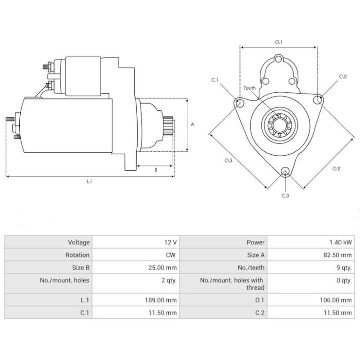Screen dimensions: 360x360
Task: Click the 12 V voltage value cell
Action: tap(171, 242)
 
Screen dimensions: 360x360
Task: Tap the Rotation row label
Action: tap(78, 255)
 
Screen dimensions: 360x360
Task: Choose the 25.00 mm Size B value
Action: tap(164, 267)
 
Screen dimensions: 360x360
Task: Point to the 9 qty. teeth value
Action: tap(344, 267)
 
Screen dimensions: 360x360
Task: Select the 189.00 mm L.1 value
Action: tap(162, 300)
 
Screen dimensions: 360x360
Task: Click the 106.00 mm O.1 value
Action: tap(337, 300)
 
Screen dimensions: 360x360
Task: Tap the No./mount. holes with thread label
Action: tap(232, 283)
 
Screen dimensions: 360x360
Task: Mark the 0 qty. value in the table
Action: tap(344, 280)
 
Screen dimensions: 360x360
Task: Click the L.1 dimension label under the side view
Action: tap(89, 181)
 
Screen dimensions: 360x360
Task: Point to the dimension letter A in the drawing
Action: tap(192, 125)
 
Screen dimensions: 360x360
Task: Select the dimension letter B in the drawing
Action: tap(156, 170)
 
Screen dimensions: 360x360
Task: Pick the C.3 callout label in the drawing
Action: tap(285, 195)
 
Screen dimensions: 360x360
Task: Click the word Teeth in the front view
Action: tap(250, 88)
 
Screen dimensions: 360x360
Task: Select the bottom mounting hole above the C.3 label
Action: tap(284, 171)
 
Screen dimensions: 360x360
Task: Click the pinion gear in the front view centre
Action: tap(278, 126)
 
